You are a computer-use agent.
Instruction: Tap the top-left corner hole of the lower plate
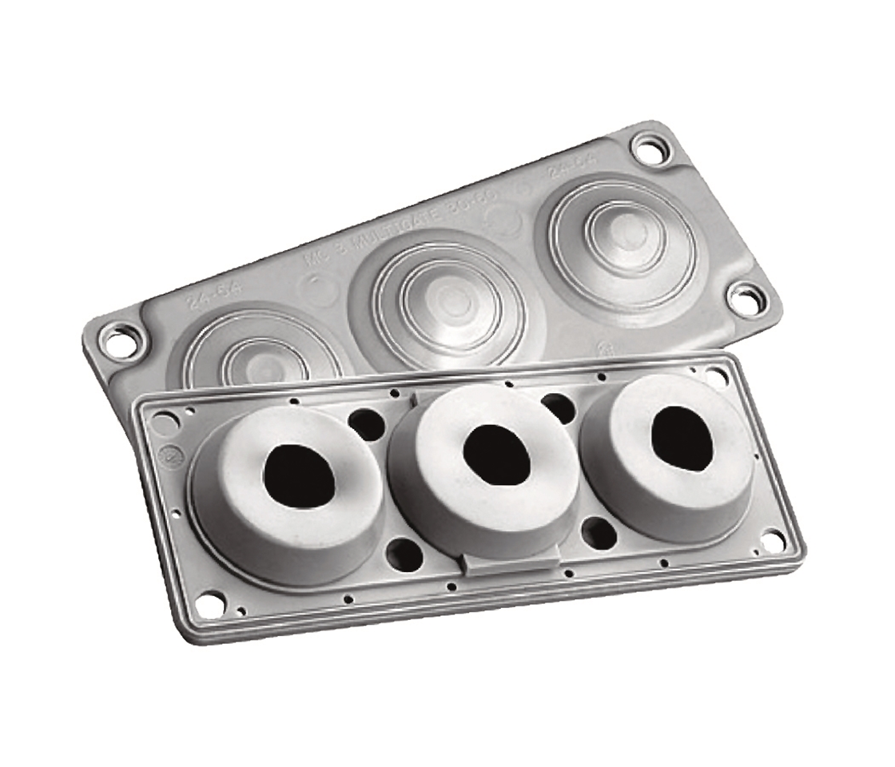[x=163, y=420]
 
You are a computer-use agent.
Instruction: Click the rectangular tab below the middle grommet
[x=510, y=563]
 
